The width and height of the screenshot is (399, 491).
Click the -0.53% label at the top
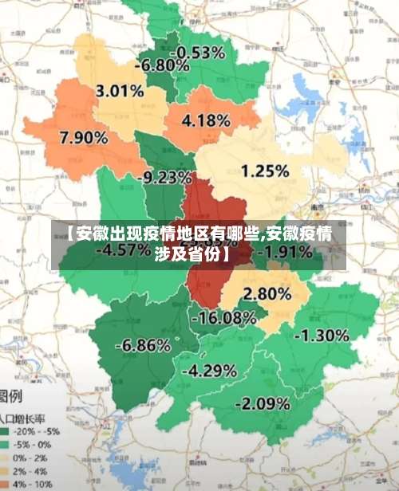click(201, 53)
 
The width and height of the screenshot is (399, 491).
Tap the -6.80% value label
click(163, 65)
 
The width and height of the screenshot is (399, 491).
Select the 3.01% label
click(119, 91)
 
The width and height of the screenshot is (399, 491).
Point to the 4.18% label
click(207, 122)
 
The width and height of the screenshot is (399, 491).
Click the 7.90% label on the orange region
click(84, 137)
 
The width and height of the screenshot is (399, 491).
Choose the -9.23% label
click(167, 177)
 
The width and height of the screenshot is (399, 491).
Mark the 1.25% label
click(264, 171)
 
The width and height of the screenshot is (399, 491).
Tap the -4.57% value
click(124, 249)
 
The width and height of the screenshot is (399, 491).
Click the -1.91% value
click(288, 252)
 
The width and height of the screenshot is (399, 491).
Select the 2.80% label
click(267, 293)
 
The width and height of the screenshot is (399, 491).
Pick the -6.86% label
click(143, 346)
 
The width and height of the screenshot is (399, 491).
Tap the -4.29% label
click(209, 371)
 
